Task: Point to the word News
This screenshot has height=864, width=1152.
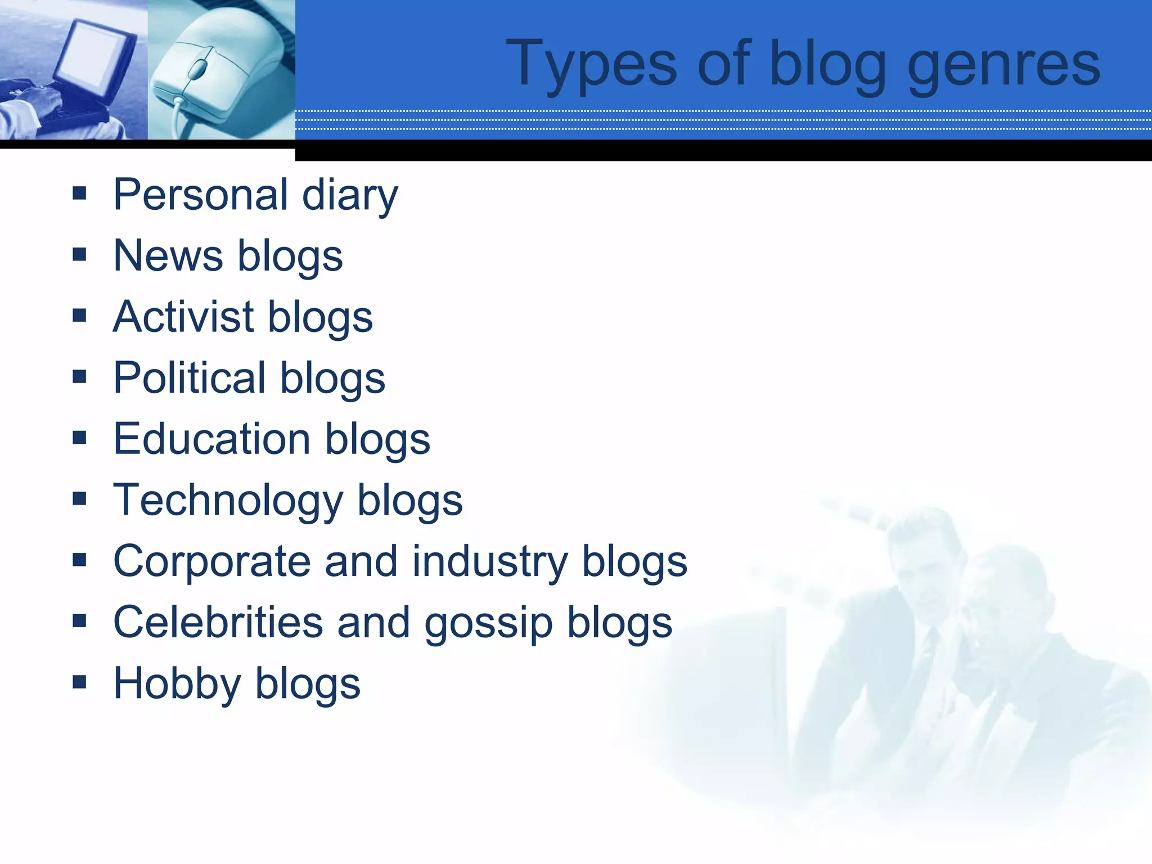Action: coord(168,256)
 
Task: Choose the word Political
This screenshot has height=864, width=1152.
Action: coord(190,377)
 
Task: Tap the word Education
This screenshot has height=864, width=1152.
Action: coord(212,439)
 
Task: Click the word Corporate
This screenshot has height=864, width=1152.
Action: coord(211,561)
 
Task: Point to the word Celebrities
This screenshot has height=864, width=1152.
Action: coord(218,623)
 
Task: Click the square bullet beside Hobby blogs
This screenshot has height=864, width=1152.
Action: coord(79,682)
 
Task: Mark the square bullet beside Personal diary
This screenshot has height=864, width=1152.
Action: coord(79,193)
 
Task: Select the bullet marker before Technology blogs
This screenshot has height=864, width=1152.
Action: coord(79,499)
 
